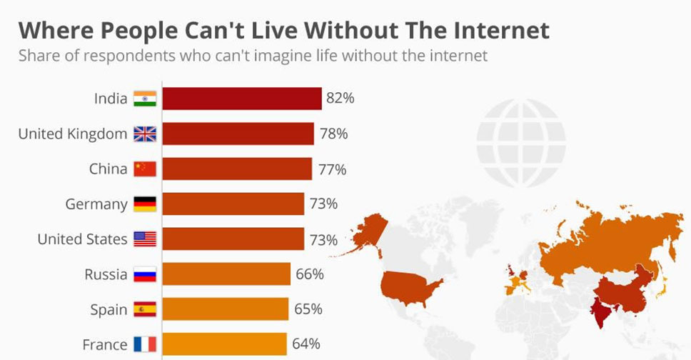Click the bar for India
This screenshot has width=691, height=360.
[x=241, y=99]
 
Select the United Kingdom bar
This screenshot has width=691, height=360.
[x=238, y=134]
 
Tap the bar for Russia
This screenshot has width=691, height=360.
[x=226, y=274]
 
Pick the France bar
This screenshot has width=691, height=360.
[x=224, y=344]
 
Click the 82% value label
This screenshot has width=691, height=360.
[x=340, y=99]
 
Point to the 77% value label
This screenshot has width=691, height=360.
[x=332, y=169]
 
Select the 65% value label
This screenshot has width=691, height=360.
[x=308, y=309]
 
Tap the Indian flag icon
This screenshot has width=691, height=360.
[x=145, y=99]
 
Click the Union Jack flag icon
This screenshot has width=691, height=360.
[x=145, y=134]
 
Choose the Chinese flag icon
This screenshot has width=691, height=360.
[x=145, y=169]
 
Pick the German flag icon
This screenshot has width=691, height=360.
[x=145, y=204]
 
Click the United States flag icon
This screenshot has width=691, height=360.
[x=145, y=239]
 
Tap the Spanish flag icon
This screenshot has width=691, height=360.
[x=145, y=309]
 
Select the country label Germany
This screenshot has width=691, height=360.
[x=96, y=204]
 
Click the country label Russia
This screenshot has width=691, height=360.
[x=106, y=274]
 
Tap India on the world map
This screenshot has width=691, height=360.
[x=601, y=311]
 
